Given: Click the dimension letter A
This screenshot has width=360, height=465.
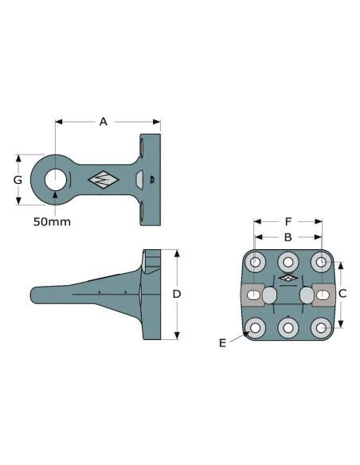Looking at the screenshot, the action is (x=104, y=122).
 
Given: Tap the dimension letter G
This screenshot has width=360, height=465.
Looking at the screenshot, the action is (x=18, y=180).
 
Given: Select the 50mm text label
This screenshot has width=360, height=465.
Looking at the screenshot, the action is (x=52, y=222).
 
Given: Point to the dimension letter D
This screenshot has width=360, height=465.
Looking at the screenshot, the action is (x=177, y=294).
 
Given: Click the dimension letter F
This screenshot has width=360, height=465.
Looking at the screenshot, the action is (x=288, y=221).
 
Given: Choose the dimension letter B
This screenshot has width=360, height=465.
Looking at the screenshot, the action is (x=288, y=237).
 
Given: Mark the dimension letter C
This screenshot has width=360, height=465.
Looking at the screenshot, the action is (x=342, y=294).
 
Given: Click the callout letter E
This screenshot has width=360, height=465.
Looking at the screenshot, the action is (x=222, y=343).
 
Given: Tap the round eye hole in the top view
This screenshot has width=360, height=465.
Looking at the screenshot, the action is (x=56, y=180).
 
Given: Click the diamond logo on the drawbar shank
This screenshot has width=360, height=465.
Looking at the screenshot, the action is (x=104, y=180).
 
